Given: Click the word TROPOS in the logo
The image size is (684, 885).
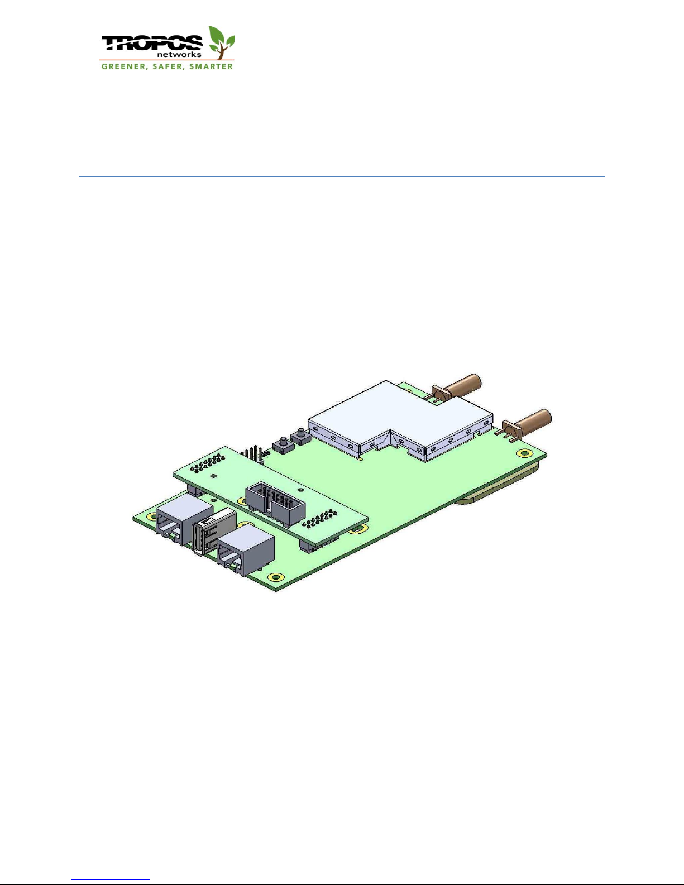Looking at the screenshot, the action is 152,43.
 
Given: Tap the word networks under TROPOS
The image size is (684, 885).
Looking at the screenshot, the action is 179,54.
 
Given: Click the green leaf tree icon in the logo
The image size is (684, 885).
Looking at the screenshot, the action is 221,42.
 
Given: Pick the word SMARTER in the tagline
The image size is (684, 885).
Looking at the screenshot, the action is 211,66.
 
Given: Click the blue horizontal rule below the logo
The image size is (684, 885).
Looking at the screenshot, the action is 342,176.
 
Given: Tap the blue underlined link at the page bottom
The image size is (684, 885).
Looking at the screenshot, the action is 111,879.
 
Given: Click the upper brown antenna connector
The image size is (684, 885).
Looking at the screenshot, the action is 457,388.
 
